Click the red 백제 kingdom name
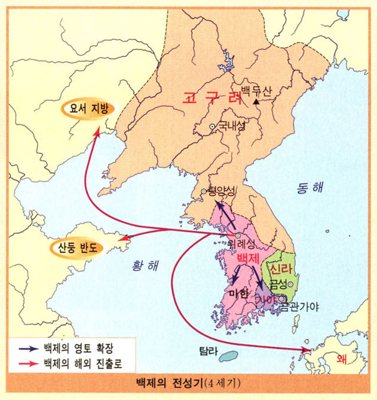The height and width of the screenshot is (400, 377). (248, 258)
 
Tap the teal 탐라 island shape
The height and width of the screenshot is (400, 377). (227, 357)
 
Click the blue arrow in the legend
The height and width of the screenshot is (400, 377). (26, 348)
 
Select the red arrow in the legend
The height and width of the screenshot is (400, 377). (26, 363)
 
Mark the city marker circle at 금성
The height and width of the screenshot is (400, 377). (291, 284)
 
